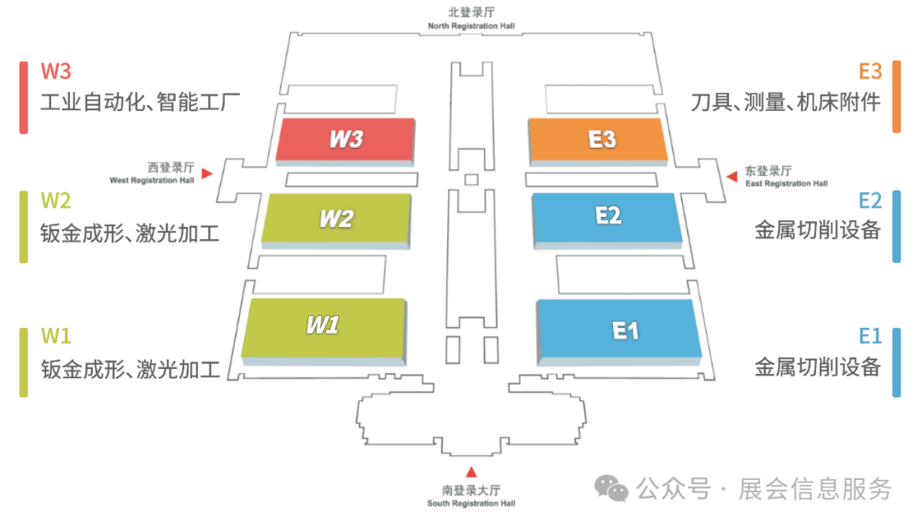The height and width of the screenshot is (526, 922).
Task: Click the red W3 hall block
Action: click(x=346, y=141)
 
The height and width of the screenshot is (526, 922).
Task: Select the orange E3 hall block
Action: click(x=598, y=141)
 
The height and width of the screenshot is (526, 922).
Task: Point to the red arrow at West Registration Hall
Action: click(x=207, y=173)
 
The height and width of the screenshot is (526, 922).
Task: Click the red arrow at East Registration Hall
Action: click(x=732, y=176)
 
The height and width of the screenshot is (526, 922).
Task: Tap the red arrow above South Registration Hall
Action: click(x=471, y=472)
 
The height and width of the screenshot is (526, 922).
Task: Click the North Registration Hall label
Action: click(x=471, y=26)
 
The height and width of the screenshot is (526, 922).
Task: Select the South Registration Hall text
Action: click(x=471, y=503)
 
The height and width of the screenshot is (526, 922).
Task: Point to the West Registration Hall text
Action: click(x=152, y=180)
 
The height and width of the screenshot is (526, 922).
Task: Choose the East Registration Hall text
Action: click(x=786, y=184)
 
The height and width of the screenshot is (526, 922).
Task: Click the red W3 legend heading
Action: click(x=55, y=71)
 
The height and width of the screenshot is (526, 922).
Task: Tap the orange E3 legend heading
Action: click(x=870, y=71)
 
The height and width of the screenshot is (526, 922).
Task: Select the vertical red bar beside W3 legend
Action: click(x=24, y=97)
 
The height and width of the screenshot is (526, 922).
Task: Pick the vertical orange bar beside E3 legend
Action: click(x=896, y=96)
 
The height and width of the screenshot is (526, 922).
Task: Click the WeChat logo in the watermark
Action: click(x=611, y=488)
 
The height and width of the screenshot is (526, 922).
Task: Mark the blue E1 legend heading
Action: click(x=870, y=336)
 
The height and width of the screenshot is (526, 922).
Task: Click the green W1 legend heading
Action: click(x=55, y=336)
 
